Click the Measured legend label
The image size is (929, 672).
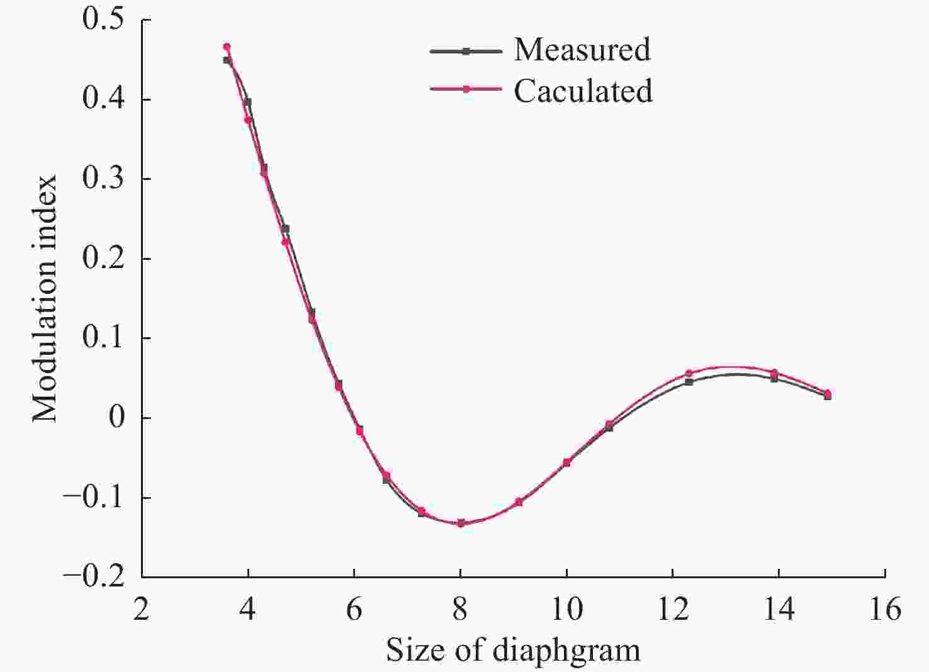tap(582, 50)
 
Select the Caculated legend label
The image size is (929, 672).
tap(583, 91)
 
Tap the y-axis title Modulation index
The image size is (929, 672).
tap(45, 299)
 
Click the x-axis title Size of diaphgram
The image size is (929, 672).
tap(513, 651)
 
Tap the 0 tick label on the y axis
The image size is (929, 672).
tap(117, 418)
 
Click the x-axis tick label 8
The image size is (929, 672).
tap(461, 608)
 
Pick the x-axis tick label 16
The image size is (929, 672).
tap(886, 608)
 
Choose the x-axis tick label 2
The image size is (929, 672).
tap(142, 608)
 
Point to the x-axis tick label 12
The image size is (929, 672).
tap(673, 608)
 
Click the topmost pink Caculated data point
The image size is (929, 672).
tap(227, 47)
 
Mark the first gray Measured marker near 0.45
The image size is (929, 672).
tap(227, 60)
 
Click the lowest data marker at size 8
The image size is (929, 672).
tap(461, 523)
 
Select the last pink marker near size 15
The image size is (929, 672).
tap(828, 393)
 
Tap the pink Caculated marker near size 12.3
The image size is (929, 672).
tap(689, 373)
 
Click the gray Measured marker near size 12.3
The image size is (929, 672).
tap(689, 382)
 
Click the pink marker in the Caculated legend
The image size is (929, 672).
tap(466, 90)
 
